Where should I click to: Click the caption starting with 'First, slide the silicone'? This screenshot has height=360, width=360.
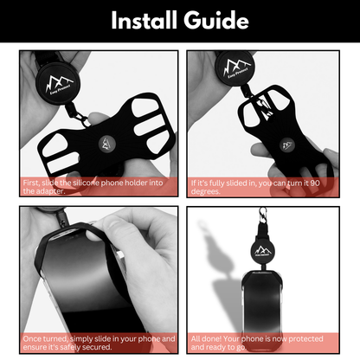pyautogui.click(x=94, y=188)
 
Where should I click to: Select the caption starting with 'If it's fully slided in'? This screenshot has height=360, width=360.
pyautogui.click(x=265, y=188)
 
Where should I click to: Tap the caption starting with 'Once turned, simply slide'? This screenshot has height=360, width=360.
pyautogui.click(x=94, y=343)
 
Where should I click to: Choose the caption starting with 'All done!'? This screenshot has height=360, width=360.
pyautogui.click(x=265, y=343)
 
